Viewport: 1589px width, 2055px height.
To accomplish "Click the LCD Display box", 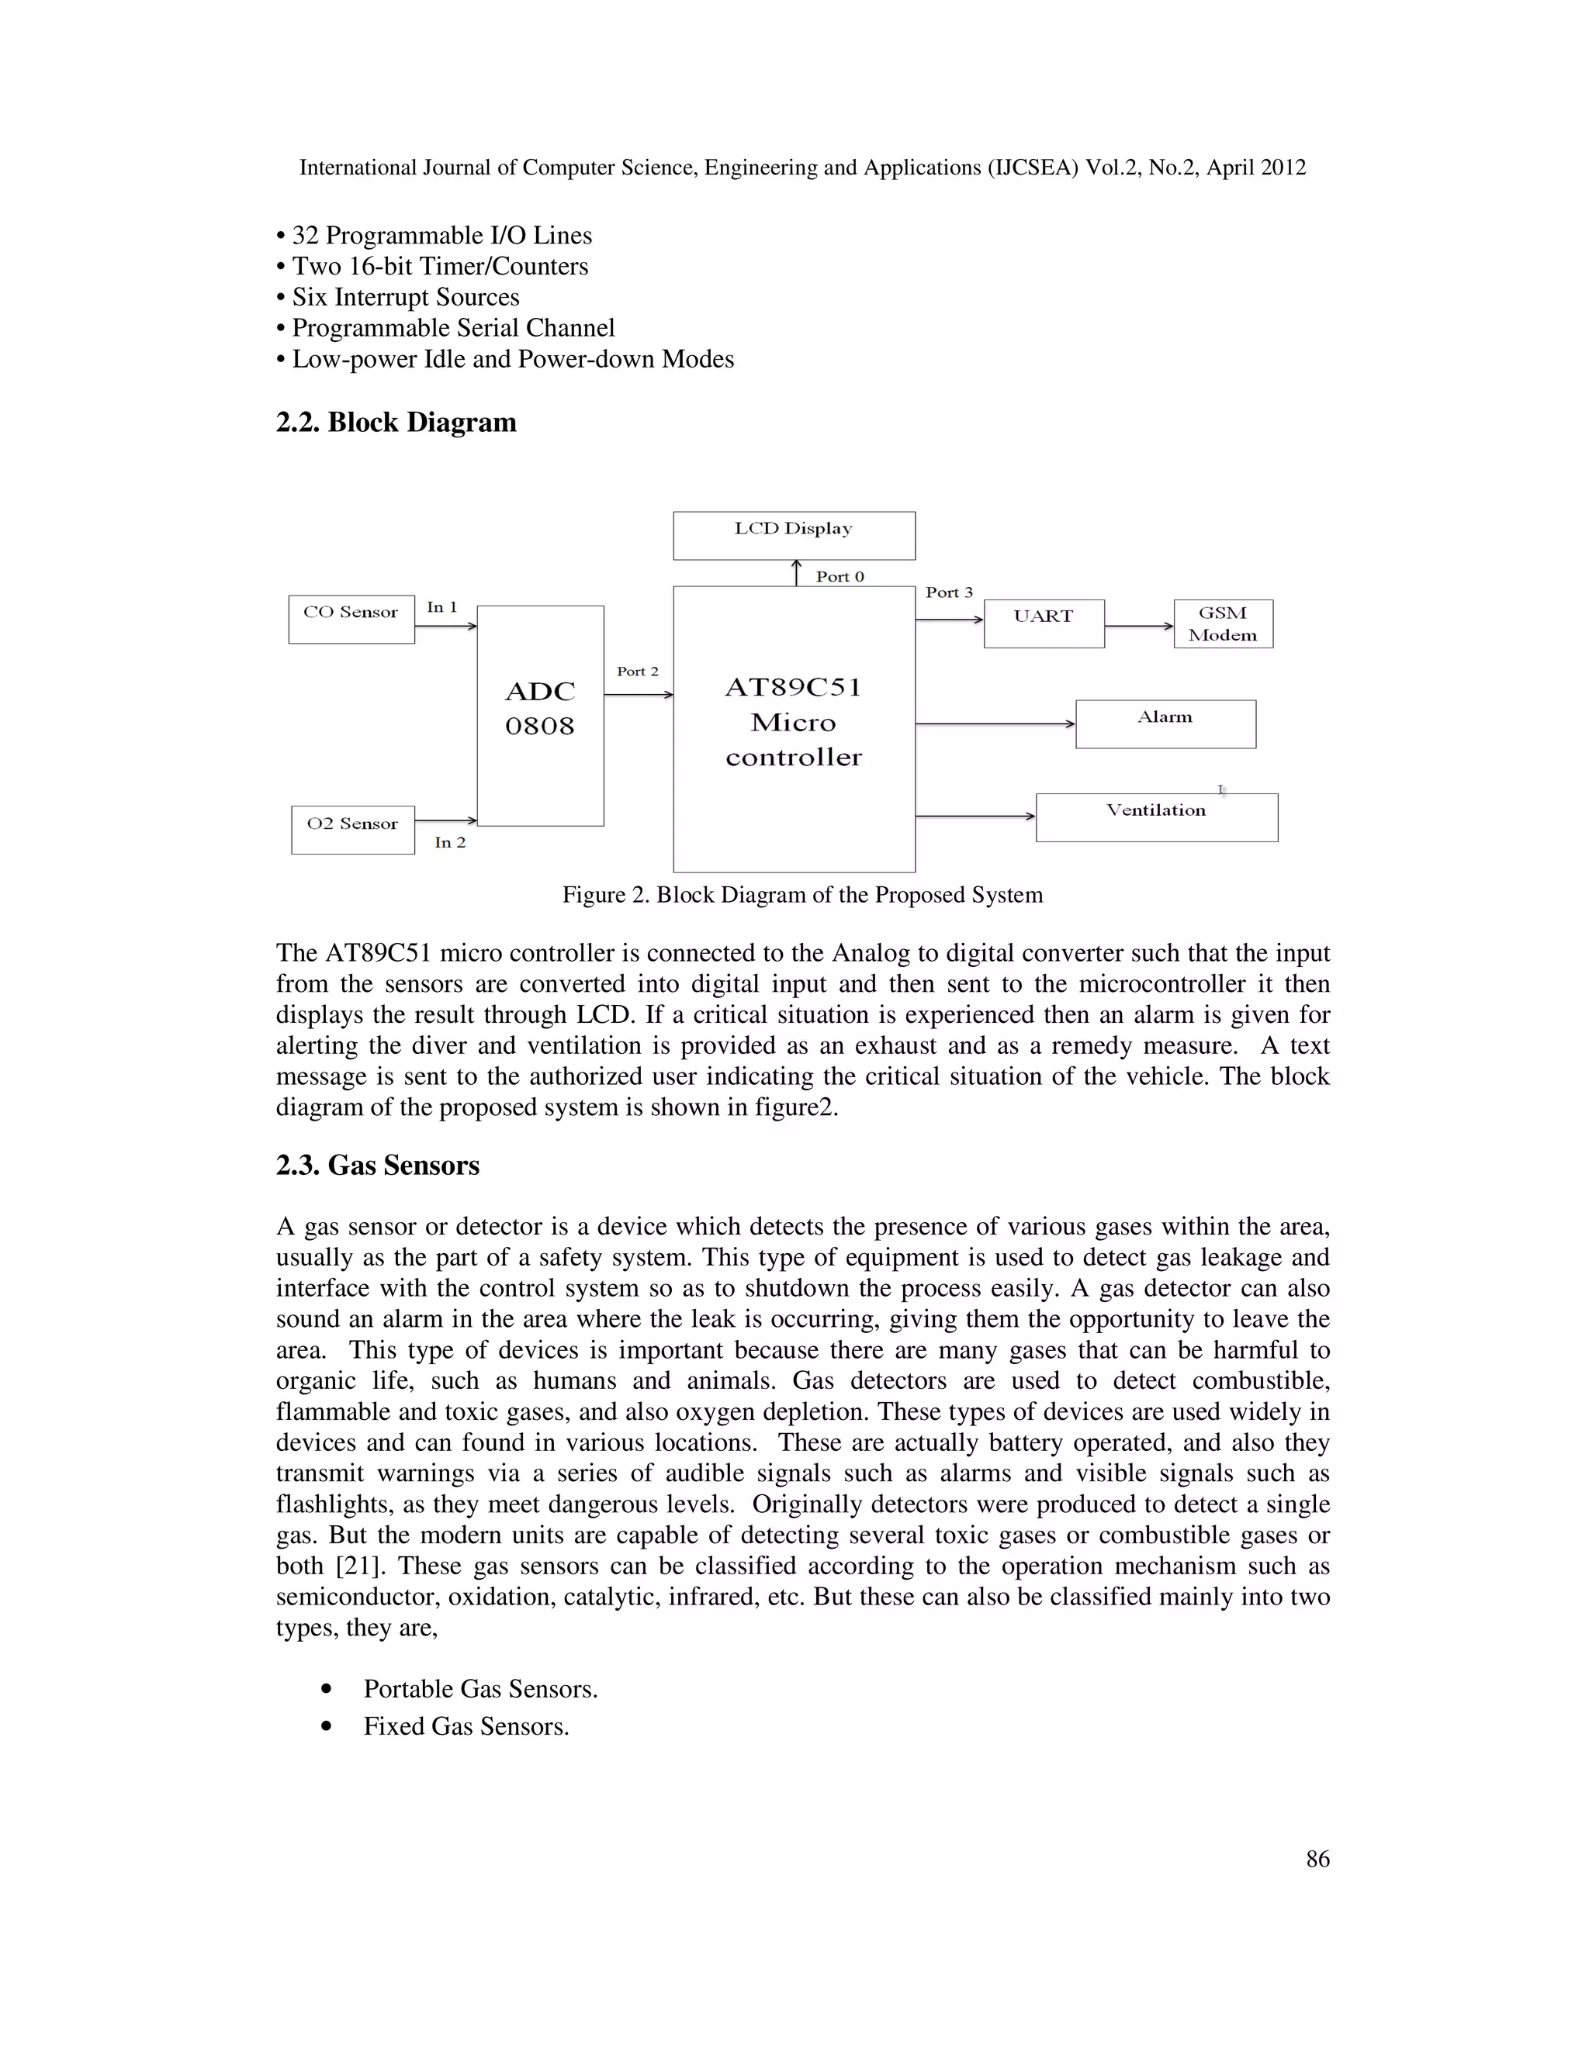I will pyautogui.click(x=794, y=534).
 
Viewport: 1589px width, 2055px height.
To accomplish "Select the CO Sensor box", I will pyautogui.click(x=351, y=618).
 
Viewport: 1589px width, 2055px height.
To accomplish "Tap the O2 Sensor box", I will pyautogui.click(x=352, y=829).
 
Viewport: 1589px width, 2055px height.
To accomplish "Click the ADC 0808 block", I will pyautogui.click(x=539, y=715).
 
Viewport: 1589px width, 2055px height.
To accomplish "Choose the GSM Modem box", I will pyautogui.click(x=1222, y=623).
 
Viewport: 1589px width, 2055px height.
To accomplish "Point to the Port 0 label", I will pyautogui.click(x=840, y=576).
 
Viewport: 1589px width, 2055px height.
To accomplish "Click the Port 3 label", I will pyautogui.click(x=948, y=592).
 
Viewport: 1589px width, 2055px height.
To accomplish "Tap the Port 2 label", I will pyautogui.click(x=637, y=671).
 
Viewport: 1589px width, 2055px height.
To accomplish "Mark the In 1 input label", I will pyautogui.click(x=441, y=607).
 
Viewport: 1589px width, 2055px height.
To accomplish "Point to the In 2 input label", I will pyautogui.click(x=450, y=842).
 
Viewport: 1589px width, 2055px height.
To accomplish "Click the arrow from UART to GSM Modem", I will pyautogui.click(x=1139, y=626).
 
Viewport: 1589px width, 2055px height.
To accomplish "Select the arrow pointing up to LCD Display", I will pyautogui.click(x=796, y=572).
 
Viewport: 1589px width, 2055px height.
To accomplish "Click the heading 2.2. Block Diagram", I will pyautogui.click(x=396, y=423).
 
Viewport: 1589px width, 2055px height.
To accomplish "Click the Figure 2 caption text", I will pyautogui.click(x=802, y=894).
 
